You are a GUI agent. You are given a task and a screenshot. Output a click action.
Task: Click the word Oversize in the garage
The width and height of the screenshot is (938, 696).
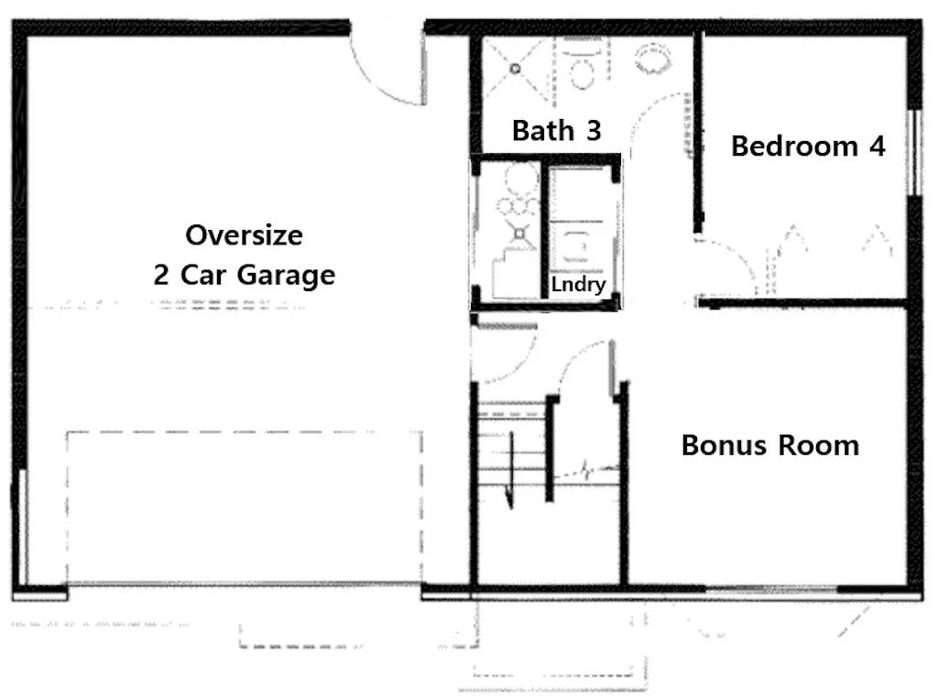pyautogui.click(x=244, y=235)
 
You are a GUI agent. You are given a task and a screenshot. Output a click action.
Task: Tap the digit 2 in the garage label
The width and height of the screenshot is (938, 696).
pyautogui.click(x=161, y=275)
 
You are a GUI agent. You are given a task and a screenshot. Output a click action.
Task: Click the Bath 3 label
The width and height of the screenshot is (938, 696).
pyautogui.click(x=556, y=130)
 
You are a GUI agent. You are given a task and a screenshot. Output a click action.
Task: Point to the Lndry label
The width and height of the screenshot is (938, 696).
pyautogui.click(x=578, y=285)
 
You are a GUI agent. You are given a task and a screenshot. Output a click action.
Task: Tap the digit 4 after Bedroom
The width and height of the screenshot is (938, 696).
pyautogui.click(x=877, y=147)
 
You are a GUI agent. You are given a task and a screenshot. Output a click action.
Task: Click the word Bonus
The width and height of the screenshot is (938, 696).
pyautogui.click(x=724, y=445)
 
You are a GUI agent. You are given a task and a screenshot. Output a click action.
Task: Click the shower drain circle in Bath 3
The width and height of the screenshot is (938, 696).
pyautogui.click(x=515, y=69)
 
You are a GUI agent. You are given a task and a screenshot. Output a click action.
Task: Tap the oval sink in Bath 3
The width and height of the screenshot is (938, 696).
pyautogui.click(x=654, y=60)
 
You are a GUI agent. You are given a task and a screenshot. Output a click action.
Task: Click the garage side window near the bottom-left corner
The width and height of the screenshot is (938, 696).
pyautogui.click(x=20, y=527)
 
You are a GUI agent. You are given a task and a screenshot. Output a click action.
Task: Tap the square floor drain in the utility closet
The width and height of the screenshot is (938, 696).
pyautogui.click(x=519, y=234)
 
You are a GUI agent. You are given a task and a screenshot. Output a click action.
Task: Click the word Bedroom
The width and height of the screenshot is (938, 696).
pyautogui.click(x=794, y=147)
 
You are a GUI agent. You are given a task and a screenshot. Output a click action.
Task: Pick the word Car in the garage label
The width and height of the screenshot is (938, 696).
pyautogui.click(x=202, y=276)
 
